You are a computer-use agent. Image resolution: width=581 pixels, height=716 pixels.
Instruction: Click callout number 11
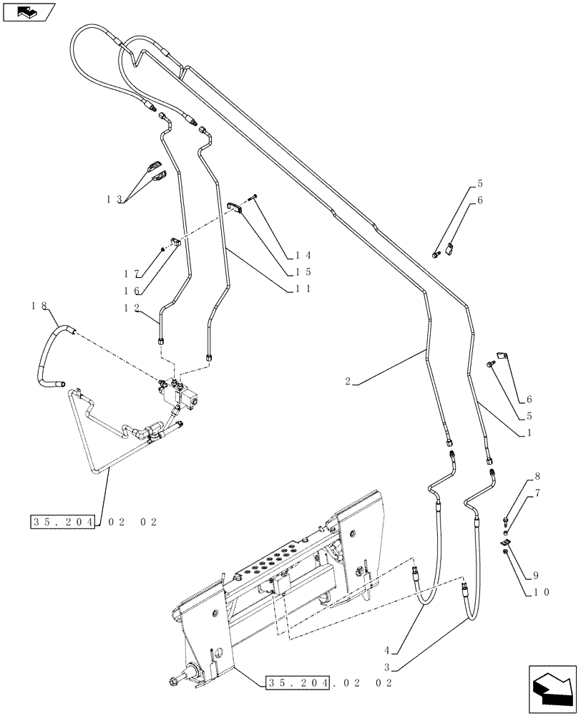click(303, 289)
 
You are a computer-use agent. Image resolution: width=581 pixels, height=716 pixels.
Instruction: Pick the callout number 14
click(303, 255)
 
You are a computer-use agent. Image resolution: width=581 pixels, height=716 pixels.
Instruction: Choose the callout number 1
click(531, 433)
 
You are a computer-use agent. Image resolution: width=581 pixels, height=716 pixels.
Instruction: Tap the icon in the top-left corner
click(28, 12)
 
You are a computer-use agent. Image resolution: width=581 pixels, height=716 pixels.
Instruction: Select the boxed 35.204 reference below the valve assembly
click(63, 522)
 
